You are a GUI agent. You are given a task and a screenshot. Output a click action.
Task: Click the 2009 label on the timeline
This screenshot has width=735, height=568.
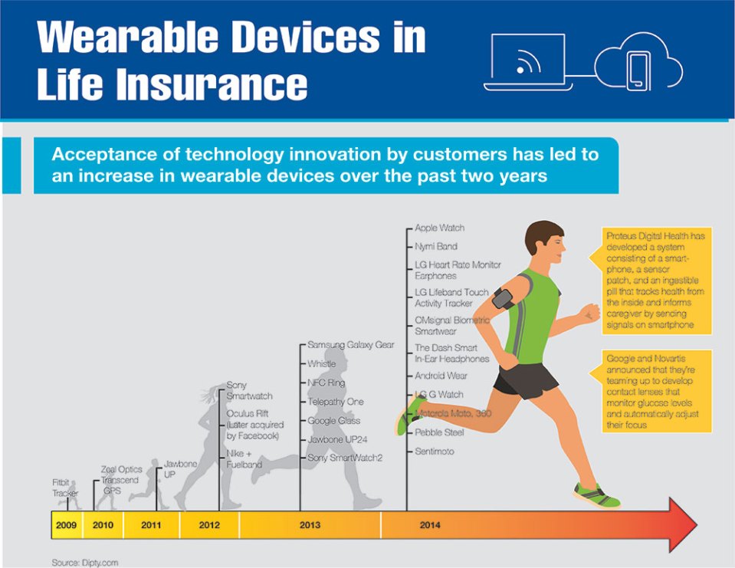66,525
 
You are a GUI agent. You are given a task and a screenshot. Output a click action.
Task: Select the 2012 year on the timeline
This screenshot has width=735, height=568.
209,525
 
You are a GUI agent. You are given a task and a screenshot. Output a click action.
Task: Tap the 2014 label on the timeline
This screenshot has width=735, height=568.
430,525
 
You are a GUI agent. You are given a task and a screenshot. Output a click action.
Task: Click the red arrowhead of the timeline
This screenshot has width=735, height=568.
682,525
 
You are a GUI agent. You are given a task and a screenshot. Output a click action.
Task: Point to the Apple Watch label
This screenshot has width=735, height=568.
440,228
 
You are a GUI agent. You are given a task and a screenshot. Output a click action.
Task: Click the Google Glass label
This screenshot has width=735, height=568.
333,420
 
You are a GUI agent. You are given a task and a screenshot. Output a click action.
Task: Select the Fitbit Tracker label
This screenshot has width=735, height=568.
65,488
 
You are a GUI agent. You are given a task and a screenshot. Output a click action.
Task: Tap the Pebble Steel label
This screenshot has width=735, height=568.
439,432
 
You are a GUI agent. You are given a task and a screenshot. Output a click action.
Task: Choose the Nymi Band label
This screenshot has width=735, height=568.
436,246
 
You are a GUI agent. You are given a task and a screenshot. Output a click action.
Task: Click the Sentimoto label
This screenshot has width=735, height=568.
435,451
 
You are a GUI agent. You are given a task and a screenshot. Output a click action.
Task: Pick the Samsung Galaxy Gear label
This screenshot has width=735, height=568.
350,344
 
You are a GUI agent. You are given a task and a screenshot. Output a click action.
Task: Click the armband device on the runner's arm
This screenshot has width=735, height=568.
503,298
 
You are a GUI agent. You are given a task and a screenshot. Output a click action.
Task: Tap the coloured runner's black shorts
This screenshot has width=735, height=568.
526,379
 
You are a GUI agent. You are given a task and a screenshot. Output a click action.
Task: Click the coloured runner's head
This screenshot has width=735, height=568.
545,243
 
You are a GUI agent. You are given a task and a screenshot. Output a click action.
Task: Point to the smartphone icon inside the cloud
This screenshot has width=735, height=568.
638,71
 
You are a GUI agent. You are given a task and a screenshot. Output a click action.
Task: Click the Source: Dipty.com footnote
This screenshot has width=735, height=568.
85,563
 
